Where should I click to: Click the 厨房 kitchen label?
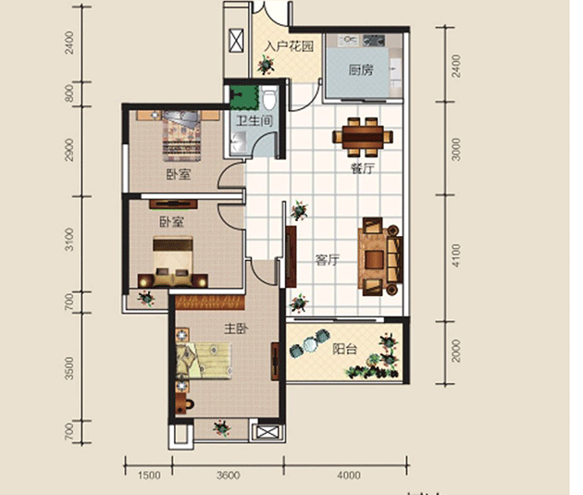point(360,70)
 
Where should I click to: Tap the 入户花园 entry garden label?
point(289,46)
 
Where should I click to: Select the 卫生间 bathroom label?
point(254,121)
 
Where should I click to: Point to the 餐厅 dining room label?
point(362,168)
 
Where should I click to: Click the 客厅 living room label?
point(327,260)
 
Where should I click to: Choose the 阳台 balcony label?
point(344,349)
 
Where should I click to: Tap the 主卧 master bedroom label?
point(236,328)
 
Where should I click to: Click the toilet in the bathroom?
point(269,98)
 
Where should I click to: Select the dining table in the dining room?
point(363,137)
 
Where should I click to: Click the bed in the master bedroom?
point(204,360)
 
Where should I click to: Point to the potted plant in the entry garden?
point(267,65)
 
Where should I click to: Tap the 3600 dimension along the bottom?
point(228,476)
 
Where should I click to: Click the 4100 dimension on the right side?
point(456,255)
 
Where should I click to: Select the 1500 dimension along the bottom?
point(149,476)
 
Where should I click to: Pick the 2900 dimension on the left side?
point(69,150)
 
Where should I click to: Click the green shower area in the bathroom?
point(244,97)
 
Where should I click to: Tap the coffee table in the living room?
point(375,259)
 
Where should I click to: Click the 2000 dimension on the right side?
point(456,350)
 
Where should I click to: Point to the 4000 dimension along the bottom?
point(348,476)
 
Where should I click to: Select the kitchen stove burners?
point(374,40)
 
